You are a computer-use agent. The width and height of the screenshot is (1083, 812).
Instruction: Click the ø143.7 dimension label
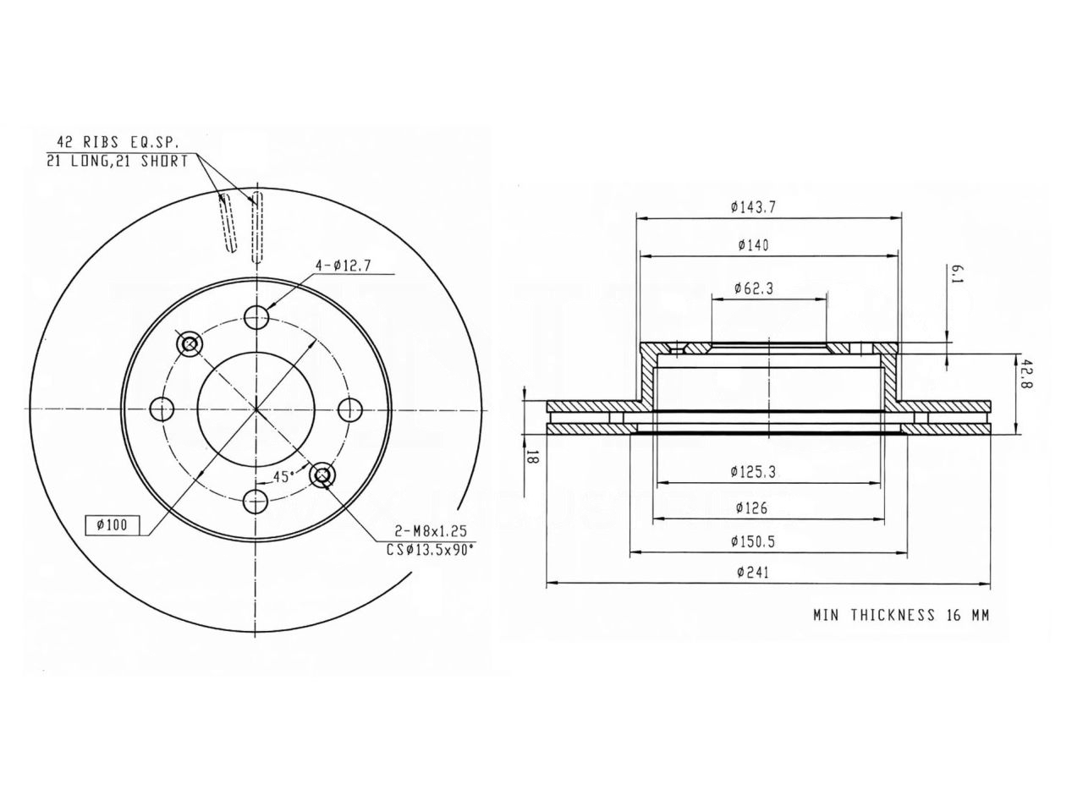click(x=753, y=207)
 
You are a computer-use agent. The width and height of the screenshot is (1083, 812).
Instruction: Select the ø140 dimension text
click(x=753, y=245)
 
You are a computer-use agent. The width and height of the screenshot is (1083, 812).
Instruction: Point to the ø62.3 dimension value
click(x=753, y=288)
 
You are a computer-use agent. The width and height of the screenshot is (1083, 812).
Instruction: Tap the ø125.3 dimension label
click(x=753, y=472)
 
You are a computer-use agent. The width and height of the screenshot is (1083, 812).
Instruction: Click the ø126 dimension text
click(x=752, y=507)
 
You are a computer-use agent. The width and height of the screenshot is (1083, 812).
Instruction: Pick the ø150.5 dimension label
click(x=753, y=541)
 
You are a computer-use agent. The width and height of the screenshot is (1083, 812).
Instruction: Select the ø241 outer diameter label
click(x=753, y=573)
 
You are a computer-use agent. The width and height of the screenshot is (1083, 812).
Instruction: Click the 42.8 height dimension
click(x=1026, y=373)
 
